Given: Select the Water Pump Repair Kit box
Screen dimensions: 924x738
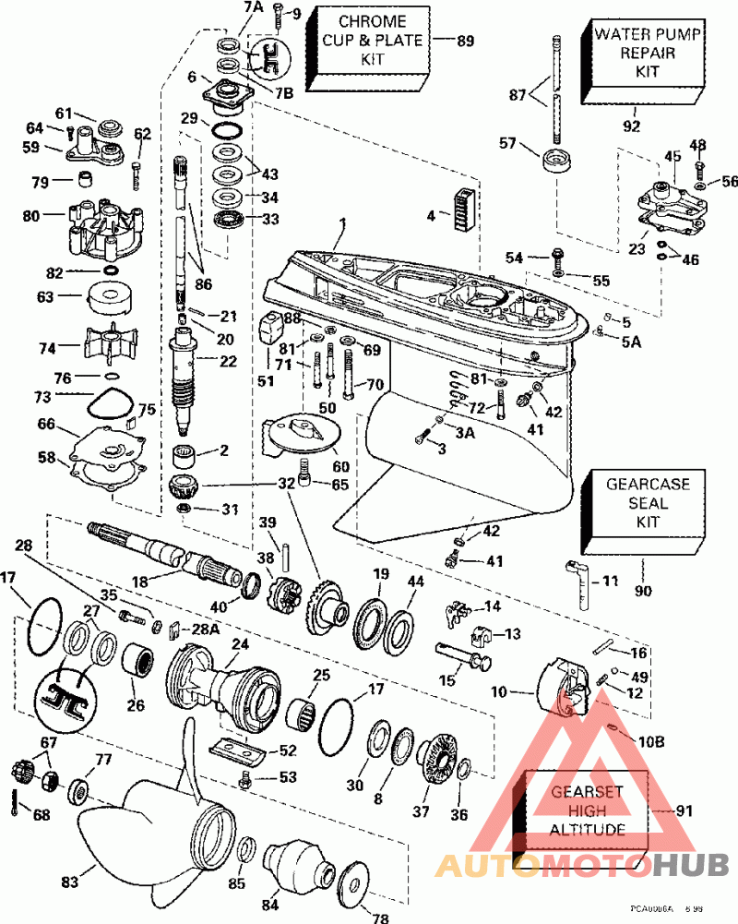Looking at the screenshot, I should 647,54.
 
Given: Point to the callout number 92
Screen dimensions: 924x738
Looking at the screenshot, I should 630,126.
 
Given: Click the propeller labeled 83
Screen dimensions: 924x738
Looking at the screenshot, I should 148,812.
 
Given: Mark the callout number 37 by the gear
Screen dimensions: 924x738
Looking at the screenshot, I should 422,811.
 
